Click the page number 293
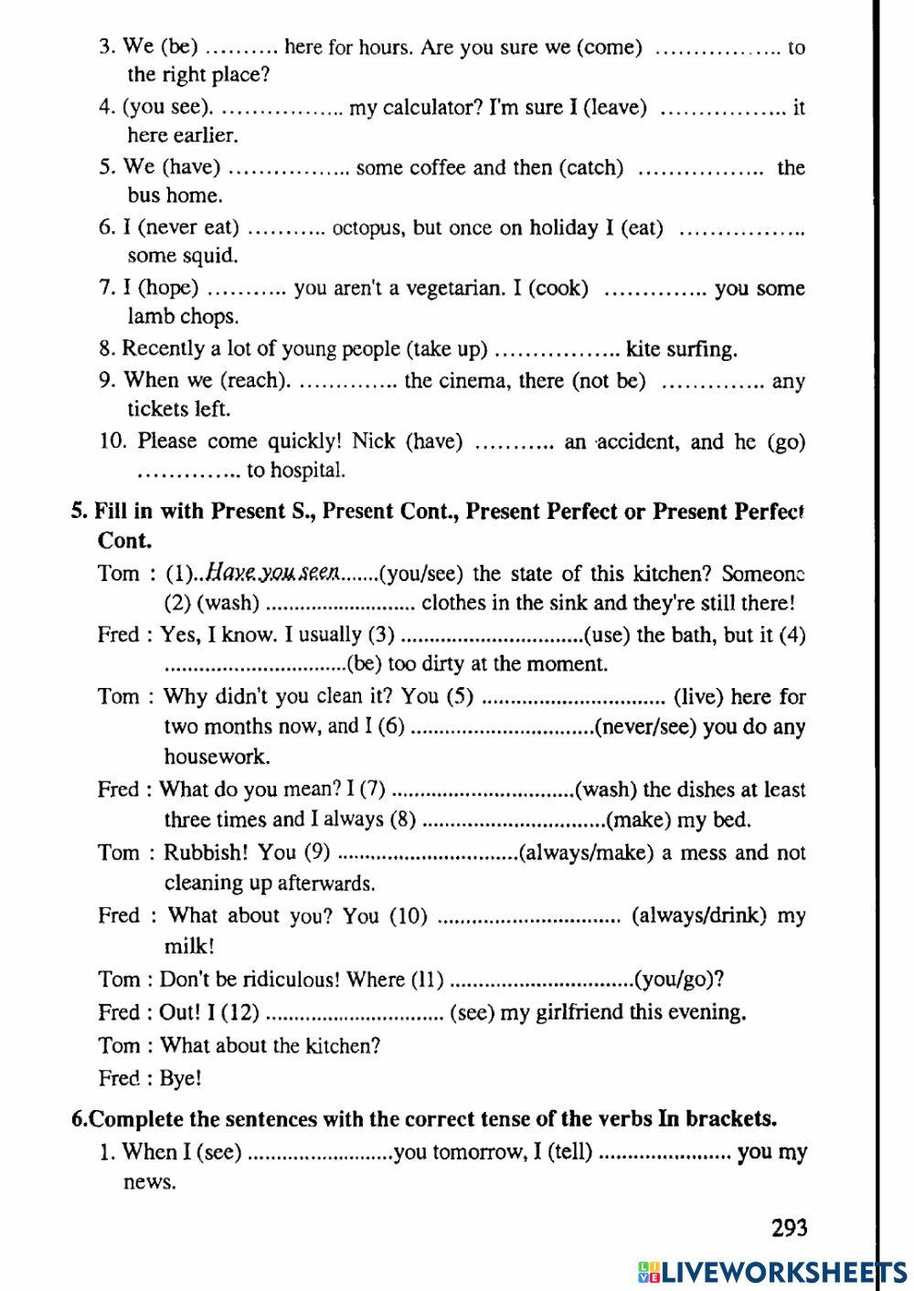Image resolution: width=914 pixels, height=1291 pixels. pyautogui.click(x=789, y=1227)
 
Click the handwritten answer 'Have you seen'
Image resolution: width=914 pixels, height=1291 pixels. pyautogui.click(x=272, y=573)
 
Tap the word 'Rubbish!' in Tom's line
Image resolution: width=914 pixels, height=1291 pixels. pyautogui.click(x=205, y=852)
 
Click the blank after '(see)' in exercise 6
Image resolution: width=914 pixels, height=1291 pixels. pyautogui.click(x=319, y=1152)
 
